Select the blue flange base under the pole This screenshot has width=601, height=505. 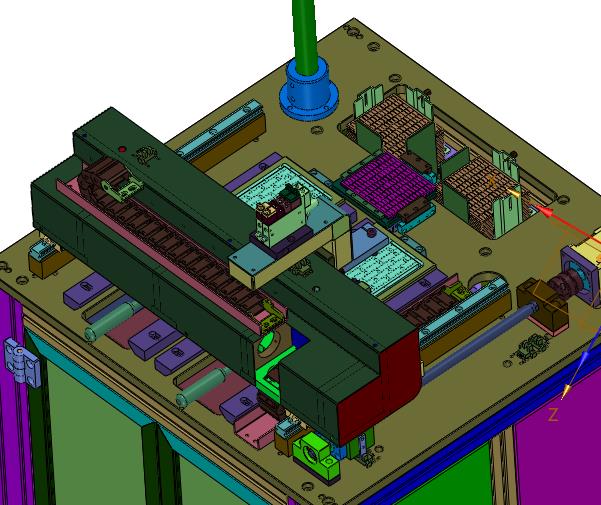point(309,92)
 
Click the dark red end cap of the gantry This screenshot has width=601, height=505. point(379,387)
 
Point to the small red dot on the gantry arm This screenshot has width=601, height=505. point(122,149)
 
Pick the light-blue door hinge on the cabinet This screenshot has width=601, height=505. point(21,361)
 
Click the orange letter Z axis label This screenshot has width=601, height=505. point(553,415)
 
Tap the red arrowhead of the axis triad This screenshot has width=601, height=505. point(545,212)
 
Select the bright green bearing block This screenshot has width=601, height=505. point(317,455)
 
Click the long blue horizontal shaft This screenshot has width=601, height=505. point(479,342)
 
